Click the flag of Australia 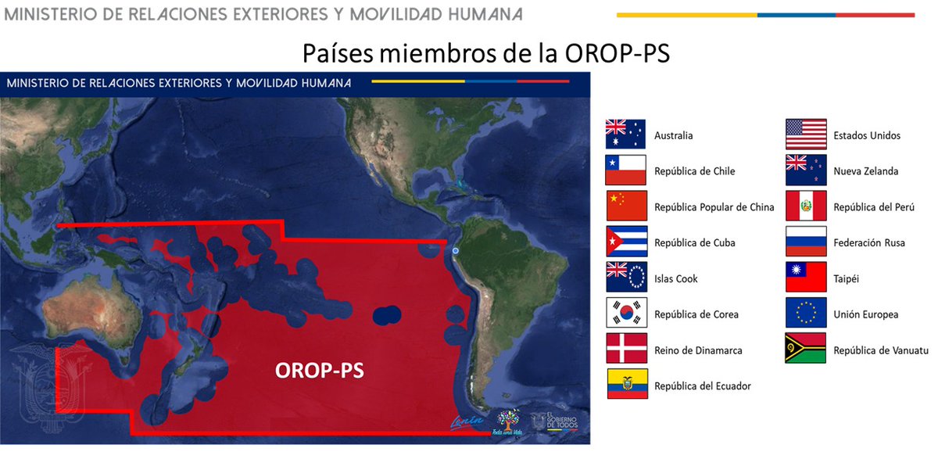[626, 134]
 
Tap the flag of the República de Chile [626, 170]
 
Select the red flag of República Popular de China [626, 206]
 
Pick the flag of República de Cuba [626, 242]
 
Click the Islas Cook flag [626, 278]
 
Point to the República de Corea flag [626, 314]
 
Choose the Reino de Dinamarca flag [626, 350]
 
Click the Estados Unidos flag [806, 134]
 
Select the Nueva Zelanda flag [806, 170]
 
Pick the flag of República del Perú [806, 206]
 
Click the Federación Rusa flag [806, 242]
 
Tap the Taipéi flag [806, 278]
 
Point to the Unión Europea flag [806, 314]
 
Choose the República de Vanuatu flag [806, 350]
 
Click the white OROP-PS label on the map [320, 371]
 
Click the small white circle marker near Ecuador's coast [455, 251]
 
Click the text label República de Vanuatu [880, 350]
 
